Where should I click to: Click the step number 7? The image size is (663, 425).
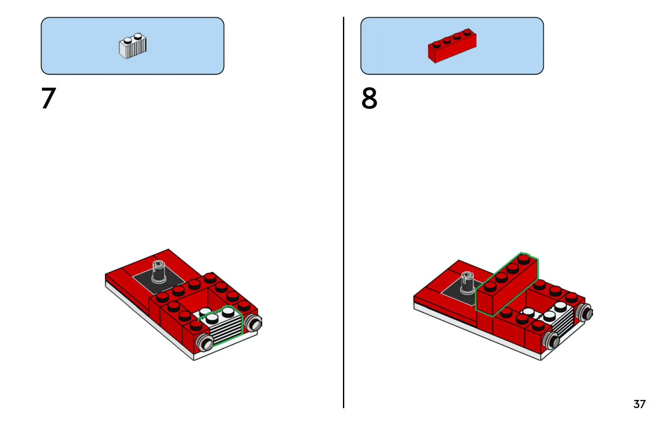tap(48, 98)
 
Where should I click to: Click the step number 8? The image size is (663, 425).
tap(369, 98)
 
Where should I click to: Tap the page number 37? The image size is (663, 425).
tap(639, 404)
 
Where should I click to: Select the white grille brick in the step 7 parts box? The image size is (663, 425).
tap(133, 46)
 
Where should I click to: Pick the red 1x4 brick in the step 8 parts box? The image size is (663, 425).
tap(452, 46)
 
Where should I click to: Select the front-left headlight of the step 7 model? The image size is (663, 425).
tap(205, 342)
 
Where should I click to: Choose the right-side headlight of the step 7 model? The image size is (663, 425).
tap(254, 323)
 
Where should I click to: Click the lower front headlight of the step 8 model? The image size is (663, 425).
tap(552, 340)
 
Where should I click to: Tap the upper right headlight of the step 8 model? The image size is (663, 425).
tap(584, 312)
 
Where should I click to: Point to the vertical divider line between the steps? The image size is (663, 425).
tap(343, 212)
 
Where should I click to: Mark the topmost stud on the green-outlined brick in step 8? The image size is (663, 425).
tap(524, 259)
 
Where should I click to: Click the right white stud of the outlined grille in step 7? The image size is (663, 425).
tap(228, 312)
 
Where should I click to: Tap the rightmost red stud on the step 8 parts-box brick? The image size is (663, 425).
tap(467, 32)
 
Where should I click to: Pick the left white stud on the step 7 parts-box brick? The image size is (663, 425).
tap(127, 40)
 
